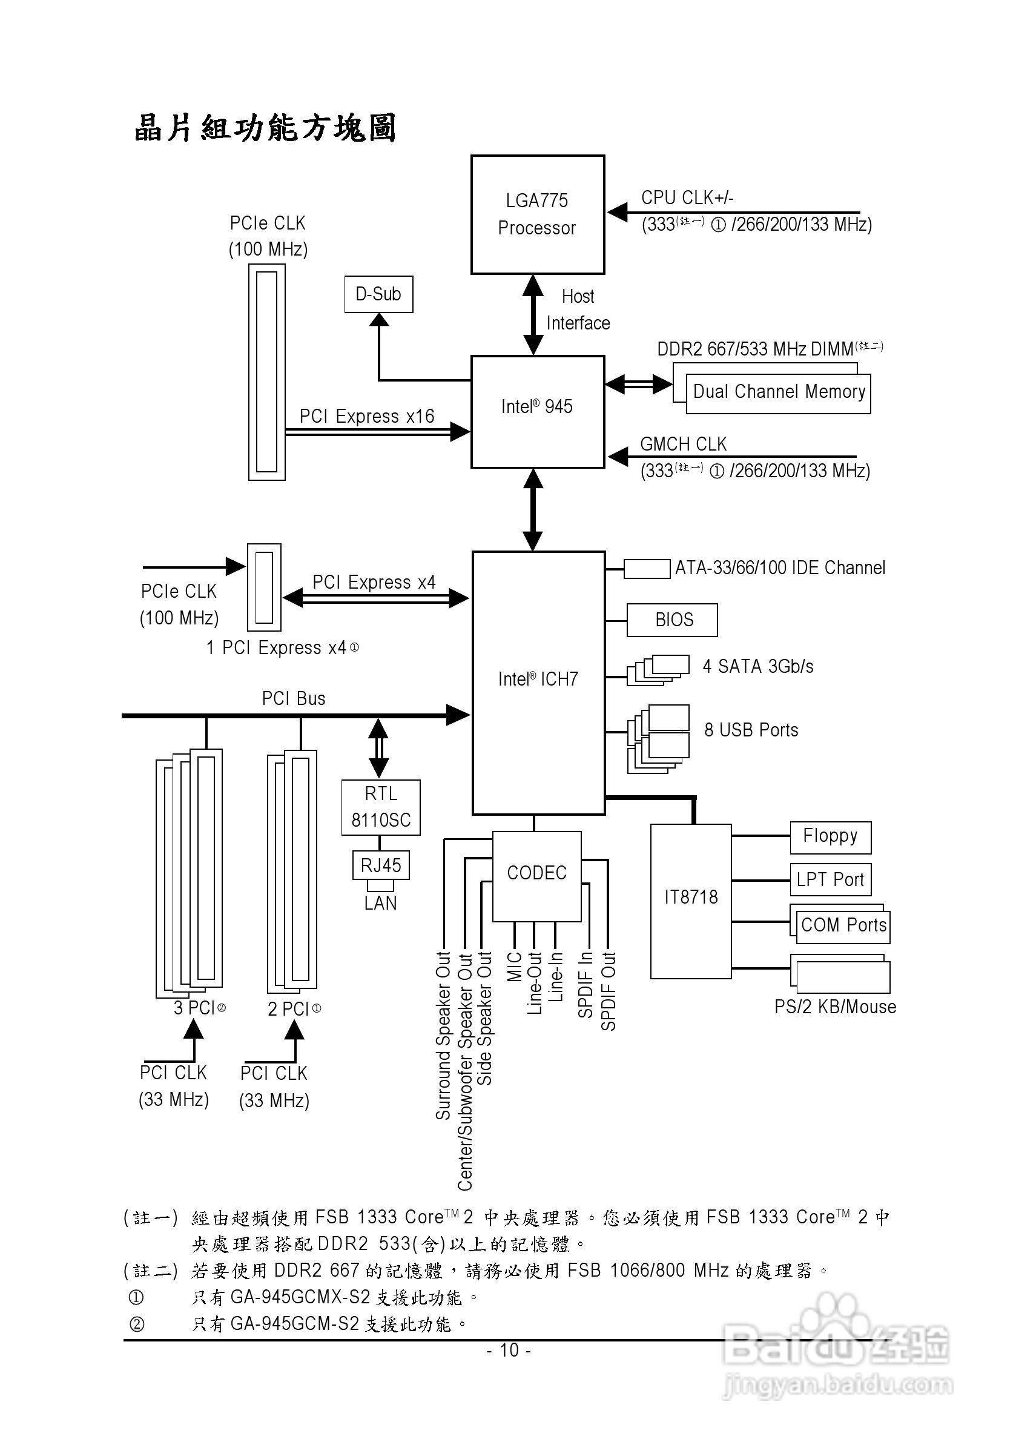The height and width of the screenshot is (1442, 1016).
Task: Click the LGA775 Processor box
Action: [x=538, y=215]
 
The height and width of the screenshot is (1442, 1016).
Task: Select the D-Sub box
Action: [x=378, y=294]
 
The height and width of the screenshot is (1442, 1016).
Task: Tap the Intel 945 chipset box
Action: [x=538, y=411]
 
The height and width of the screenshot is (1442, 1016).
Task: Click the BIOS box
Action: [x=672, y=620]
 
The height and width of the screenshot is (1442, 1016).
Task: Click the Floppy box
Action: [x=830, y=837]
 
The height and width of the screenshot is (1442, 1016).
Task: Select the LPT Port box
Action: [x=830, y=880]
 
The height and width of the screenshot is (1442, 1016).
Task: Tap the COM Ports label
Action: [x=843, y=925]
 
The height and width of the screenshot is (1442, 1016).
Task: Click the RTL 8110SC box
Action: [x=380, y=808]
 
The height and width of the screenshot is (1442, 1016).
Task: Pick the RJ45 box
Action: [x=380, y=865]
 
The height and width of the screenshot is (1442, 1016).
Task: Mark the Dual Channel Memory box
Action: [x=779, y=392]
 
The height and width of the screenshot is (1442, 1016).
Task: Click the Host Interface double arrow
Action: [x=533, y=315]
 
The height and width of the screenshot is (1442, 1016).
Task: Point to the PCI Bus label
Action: [x=293, y=698]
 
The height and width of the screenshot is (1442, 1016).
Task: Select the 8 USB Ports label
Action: [x=751, y=730]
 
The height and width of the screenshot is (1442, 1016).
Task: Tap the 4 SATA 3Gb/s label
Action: [x=758, y=666]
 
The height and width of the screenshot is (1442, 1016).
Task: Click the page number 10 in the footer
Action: [x=509, y=1350]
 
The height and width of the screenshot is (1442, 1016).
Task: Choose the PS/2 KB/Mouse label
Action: [x=835, y=1007]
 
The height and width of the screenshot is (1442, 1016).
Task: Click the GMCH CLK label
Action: [x=683, y=444]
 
